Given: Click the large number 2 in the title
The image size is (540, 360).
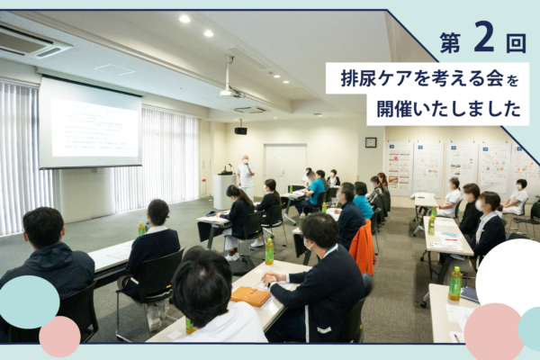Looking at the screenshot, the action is pyautogui.click(x=483, y=36).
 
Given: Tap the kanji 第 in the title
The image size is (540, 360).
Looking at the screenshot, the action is pyautogui.click(x=451, y=42).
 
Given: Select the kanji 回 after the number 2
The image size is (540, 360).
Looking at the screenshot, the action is pyautogui.click(x=516, y=42).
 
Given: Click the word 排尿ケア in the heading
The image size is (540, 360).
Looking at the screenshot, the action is pyautogui.click(x=380, y=78).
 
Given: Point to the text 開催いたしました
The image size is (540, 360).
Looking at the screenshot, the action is pyautogui.click(x=448, y=109).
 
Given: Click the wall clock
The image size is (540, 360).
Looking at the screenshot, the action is pyautogui.click(x=371, y=142).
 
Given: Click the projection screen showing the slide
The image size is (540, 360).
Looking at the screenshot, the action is pyautogui.click(x=90, y=123).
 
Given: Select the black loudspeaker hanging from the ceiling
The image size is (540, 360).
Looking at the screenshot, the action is pyautogui.click(x=240, y=130).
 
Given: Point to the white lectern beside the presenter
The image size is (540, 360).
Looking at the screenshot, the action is pyautogui.click(x=224, y=191).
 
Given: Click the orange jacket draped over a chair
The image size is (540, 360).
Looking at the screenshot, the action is pyautogui.click(x=363, y=247).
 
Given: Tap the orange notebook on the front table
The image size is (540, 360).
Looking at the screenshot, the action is pyautogui.click(x=250, y=296).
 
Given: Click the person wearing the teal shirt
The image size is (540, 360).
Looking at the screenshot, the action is pyautogui.click(x=314, y=190).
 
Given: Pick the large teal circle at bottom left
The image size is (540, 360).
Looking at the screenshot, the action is pyautogui.click(x=29, y=302).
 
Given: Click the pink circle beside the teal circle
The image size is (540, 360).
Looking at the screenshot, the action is pyautogui.click(x=59, y=337).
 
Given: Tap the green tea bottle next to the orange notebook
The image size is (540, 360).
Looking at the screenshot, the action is pyautogui.click(x=269, y=251).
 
